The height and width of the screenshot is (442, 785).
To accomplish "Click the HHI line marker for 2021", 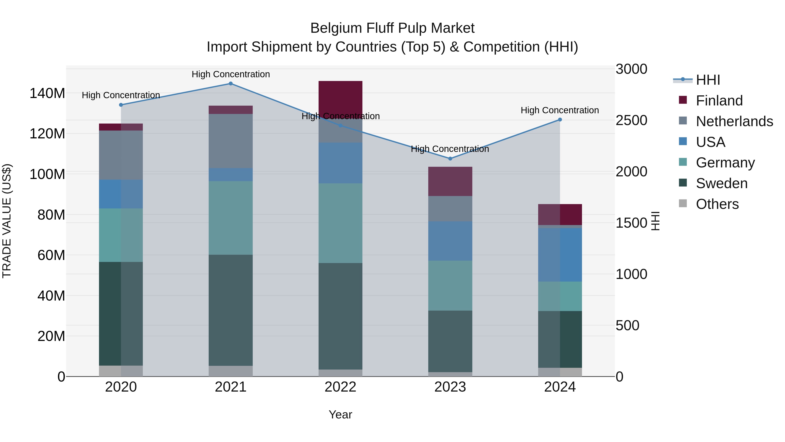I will (x=231, y=84).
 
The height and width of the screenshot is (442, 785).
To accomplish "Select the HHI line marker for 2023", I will (x=450, y=159).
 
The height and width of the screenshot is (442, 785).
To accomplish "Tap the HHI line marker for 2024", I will (x=560, y=120).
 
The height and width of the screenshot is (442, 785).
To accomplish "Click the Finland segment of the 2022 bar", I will (x=340, y=98).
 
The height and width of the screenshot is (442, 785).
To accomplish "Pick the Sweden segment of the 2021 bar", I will (x=231, y=310).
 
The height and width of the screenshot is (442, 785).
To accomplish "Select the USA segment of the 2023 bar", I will (x=450, y=241).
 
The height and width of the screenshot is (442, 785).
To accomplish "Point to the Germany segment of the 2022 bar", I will (x=340, y=223).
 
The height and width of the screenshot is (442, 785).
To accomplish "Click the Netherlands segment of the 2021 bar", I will (x=231, y=141).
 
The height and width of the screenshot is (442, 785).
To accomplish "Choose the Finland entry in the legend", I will (x=719, y=101).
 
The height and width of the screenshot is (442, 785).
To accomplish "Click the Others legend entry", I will (x=717, y=204).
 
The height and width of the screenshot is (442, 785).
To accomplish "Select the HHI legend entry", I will (x=708, y=80).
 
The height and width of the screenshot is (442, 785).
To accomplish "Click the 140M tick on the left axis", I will (x=47, y=93).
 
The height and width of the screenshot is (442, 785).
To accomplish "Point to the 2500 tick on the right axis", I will (x=631, y=120).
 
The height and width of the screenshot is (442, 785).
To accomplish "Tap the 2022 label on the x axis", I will (x=340, y=387).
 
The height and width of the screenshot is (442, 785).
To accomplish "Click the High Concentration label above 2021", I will (x=231, y=74).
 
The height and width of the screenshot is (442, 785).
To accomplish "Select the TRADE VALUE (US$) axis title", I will (x=7, y=221).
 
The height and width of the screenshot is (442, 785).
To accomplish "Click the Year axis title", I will (x=340, y=414).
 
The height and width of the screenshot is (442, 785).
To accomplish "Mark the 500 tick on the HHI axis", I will (x=627, y=325).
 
